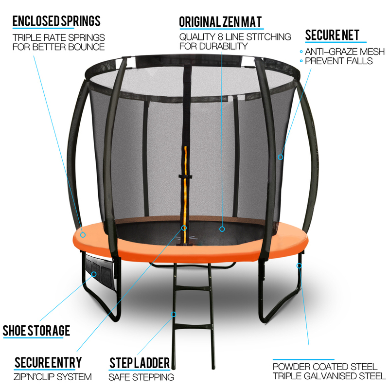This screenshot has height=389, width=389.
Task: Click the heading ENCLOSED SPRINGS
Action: point(56,21)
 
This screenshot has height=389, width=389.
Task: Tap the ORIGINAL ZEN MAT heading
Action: point(221,22)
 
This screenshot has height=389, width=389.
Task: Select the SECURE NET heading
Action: point(332,35)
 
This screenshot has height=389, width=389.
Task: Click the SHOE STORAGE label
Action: point(36,331)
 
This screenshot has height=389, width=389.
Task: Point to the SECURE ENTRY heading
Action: point(48,362)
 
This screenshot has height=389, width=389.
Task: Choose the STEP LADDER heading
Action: point(140,363)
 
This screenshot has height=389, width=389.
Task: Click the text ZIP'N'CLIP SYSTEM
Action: point(53,377)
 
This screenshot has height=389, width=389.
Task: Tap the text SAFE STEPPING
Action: point(141,377)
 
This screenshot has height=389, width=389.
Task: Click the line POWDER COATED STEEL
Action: point(325,367)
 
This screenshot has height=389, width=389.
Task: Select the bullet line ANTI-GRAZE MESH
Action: point(345,52)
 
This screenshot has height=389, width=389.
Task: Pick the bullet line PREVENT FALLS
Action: point(338,61)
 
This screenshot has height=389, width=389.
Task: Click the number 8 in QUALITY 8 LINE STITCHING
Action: point(220,37)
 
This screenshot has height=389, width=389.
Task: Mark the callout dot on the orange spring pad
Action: point(83,235)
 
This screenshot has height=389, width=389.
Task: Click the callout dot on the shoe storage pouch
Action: point(94,274)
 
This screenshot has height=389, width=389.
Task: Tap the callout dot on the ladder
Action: point(174,314)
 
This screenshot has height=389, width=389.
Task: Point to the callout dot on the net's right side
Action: point(281,157)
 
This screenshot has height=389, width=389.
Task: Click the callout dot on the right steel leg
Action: point(299,265)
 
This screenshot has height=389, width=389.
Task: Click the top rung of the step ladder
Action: point(193,288)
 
